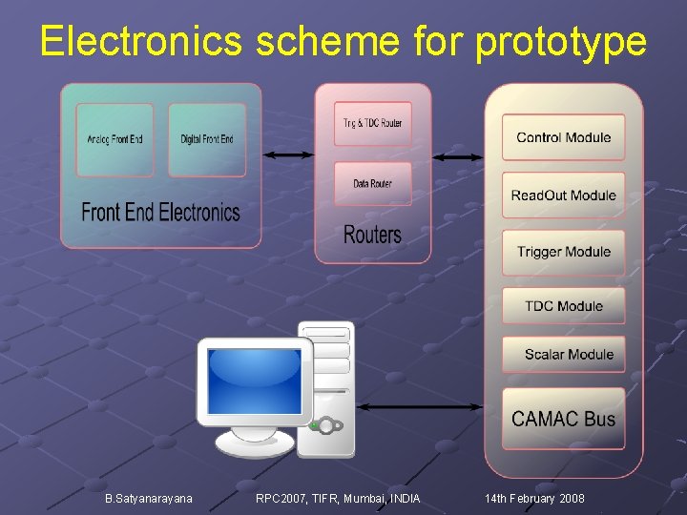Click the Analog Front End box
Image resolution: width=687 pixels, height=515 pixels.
(114, 139)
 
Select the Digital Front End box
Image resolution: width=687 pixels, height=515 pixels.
(207, 139)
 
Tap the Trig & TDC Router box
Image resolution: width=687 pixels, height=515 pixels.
(373, 124)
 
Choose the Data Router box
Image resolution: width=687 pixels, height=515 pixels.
(373, 183)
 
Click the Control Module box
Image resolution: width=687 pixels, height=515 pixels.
(563, 137)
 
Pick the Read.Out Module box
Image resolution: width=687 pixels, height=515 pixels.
(563, 196)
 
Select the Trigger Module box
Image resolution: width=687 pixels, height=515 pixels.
(563, 252)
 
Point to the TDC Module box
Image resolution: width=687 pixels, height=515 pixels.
(563, 305)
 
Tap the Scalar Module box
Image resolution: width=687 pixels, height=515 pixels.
(563, 354)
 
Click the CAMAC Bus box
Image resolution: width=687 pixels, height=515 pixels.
(563, 418)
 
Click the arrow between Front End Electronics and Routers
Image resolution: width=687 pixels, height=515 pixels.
(288, 154)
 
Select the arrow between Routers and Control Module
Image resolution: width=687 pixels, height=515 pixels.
(458, 156)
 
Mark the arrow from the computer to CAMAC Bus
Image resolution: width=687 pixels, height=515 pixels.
(423, 407)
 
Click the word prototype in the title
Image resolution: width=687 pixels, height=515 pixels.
(560, 42)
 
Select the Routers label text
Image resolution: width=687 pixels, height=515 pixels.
(372, 234)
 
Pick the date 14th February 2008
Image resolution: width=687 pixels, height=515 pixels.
(534, 499)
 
